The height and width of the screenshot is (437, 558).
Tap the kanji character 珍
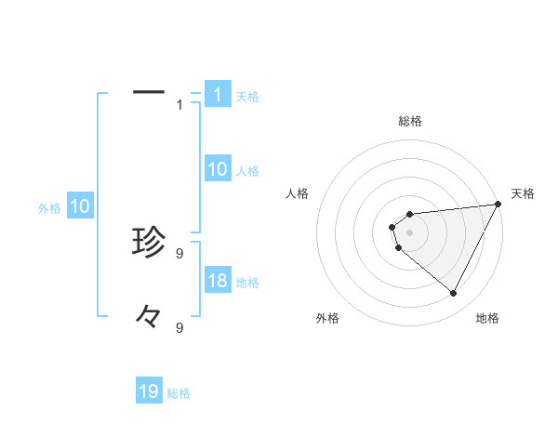(149, 243)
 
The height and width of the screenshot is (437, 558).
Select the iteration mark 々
(149, 318)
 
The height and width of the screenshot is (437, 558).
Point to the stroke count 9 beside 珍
(179, 252)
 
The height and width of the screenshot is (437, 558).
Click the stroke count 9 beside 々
(179, 327)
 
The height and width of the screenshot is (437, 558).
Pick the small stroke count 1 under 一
(179, 104)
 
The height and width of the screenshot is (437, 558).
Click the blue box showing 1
(218, 95)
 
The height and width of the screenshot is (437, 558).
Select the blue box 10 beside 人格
(218, 169)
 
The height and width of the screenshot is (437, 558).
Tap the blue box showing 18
(218, 281)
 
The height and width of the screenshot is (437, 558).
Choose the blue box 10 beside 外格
(80, 206)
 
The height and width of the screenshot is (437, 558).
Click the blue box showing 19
(149, 391)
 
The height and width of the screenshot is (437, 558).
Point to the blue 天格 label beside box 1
(247, 97)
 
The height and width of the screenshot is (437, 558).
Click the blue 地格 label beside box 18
(247, 283)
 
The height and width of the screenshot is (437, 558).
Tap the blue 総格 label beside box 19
(179, 393)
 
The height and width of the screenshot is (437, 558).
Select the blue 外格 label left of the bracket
(49, 208)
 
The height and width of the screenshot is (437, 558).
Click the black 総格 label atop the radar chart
(410, 121)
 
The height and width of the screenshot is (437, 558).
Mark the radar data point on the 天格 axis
(498, 205)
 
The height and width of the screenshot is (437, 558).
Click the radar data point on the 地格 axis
(453, 293)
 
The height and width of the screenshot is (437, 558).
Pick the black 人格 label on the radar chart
(298, 193)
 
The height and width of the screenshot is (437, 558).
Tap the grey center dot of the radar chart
(410, 232)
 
